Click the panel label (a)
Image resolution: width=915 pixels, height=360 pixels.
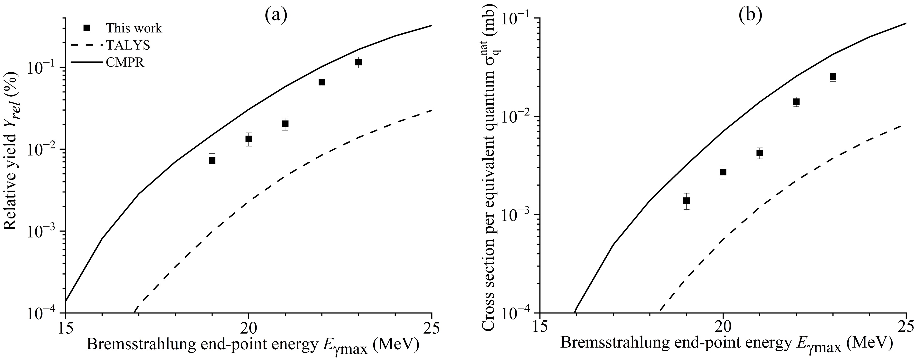pyautogui.click(x=276, y=15)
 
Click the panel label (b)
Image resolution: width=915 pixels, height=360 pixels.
pyautogui.click(x=750, y=15)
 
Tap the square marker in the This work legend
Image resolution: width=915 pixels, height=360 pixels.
pyautogui.click(x=86, y=28)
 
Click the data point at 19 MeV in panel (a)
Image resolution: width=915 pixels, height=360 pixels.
pyautogui.click(x=212, y=161)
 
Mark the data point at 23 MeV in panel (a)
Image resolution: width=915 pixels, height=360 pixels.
pyautogui.click(x=358, y=62)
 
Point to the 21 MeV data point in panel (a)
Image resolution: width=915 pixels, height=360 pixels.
pyautogui.click(x=285, y=124)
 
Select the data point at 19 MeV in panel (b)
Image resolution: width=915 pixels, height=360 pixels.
pyautogui.click(x=686, y=201)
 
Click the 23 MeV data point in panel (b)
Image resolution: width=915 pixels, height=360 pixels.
pyautogui.click(x=833, y=77)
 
